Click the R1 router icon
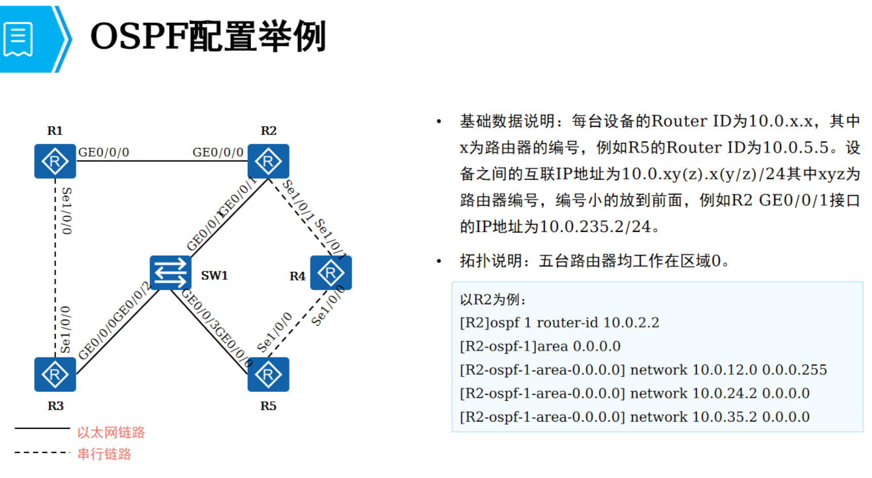[55, 161]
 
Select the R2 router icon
[268, 161]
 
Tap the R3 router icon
[55, 374]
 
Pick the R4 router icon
[331, 273]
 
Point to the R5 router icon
[268, 374]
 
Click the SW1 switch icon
[171, 273]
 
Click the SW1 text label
[214, 275]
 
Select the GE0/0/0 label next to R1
[104, 153]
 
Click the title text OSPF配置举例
[207, 37]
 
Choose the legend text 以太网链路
[111, 432]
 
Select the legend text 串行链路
[104, 454]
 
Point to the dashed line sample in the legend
[42, 452]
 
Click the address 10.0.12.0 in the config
[724, 370]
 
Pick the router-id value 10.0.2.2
[631, 323]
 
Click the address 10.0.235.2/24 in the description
[595, 227]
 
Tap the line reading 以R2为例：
[492, 300]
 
